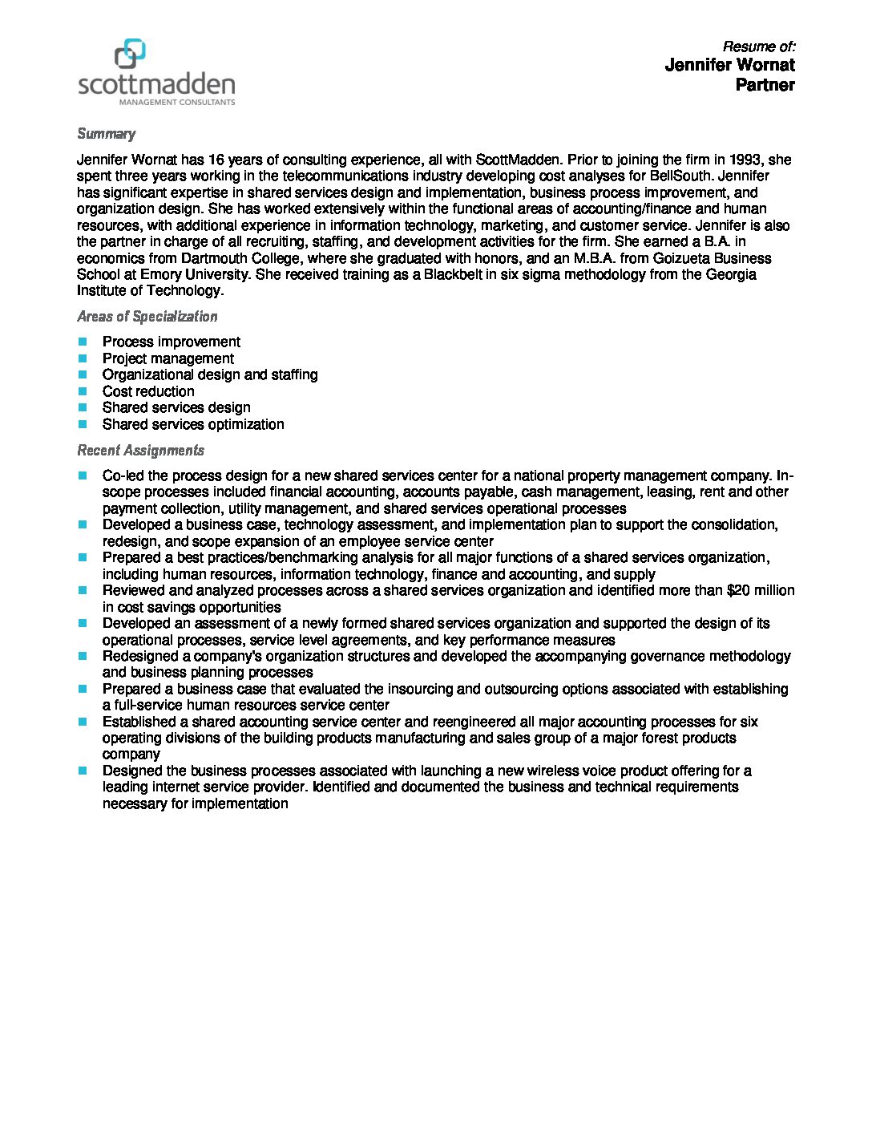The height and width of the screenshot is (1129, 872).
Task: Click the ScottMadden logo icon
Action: [130, 54]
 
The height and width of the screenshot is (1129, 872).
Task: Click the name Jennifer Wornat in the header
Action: [729, 65]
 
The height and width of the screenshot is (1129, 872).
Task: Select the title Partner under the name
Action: [765, 85]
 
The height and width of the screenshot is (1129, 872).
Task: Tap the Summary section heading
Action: [106, 134]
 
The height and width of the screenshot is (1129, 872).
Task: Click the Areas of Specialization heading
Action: [147, 317]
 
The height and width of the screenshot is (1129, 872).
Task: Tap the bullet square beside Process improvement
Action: [83, 342]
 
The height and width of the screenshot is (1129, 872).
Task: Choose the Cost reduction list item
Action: [148, 391]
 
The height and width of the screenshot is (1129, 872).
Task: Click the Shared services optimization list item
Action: [193, 424]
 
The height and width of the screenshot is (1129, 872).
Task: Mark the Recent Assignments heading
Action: [140, 451]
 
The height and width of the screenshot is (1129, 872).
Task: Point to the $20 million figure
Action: [760, 590]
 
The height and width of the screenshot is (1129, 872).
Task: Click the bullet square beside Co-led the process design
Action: [83, 475]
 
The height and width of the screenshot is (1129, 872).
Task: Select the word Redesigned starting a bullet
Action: [141, 656]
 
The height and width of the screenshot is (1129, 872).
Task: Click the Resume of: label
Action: [758, 47]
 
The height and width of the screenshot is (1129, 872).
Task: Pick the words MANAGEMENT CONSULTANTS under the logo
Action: [176, 103]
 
